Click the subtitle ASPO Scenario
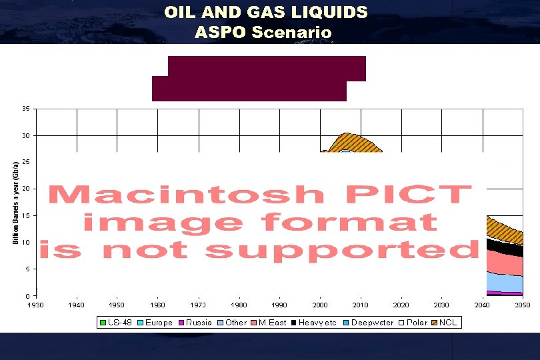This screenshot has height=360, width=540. tap(263, 32)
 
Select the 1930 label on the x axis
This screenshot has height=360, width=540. tap(36, 305)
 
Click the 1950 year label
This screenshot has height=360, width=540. tap(117, 305)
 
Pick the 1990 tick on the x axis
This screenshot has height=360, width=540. tap(279, 305)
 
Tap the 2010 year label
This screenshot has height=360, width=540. tap(360, 305)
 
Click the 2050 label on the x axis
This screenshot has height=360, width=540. tap(522, 305)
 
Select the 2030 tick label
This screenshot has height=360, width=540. tap(441, 305)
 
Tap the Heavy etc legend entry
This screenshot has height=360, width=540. tap(315, 323)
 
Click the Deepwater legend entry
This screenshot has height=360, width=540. tap(369, 323)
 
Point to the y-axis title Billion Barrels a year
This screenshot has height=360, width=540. tap(15, 202)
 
